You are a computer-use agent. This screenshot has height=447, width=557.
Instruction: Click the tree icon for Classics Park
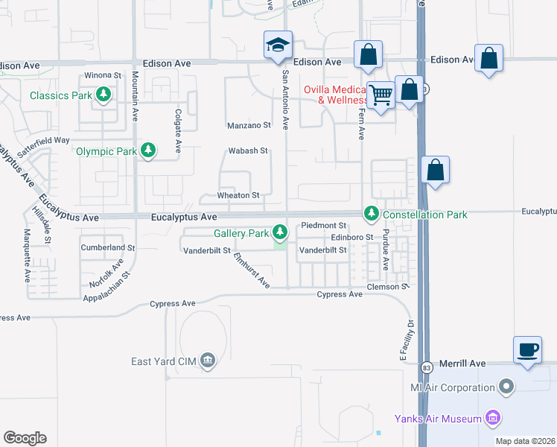pyautogui.click(x=105, y=95)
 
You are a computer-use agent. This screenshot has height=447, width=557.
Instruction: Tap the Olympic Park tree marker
pyautogui.click(x=148, y=150)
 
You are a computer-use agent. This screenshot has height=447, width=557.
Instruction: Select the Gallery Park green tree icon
pyautogui.click(x=280, y=232)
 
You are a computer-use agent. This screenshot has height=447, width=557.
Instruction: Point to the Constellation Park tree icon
pyautogui.click(x=371, y=215)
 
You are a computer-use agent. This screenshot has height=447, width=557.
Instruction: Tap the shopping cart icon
pyautogui.click(x=381, y=95)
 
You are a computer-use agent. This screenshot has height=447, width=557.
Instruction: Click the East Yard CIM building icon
pyautogui.click(x=208, y=362)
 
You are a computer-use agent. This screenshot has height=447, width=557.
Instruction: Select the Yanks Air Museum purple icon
pyautogui.click(x=492, y=419)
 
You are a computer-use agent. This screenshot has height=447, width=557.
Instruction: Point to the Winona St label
pyautogui.click(x=103, y=75)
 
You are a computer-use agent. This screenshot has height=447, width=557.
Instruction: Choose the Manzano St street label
pyautogui.click(x=249, y=126)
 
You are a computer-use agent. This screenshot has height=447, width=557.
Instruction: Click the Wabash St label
pyautogui.click(x=247, y=150)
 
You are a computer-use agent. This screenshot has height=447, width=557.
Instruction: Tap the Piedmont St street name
pyautogui.click(x=324, y=226)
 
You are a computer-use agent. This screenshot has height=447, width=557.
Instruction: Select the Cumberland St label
pyautogui.click(x=109, y=247)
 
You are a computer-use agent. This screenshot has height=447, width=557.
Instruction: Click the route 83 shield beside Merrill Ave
pyautogui.click(x=426, y=367)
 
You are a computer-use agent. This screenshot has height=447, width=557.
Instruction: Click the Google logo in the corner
pyautogui.click(x=25, y=438)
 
